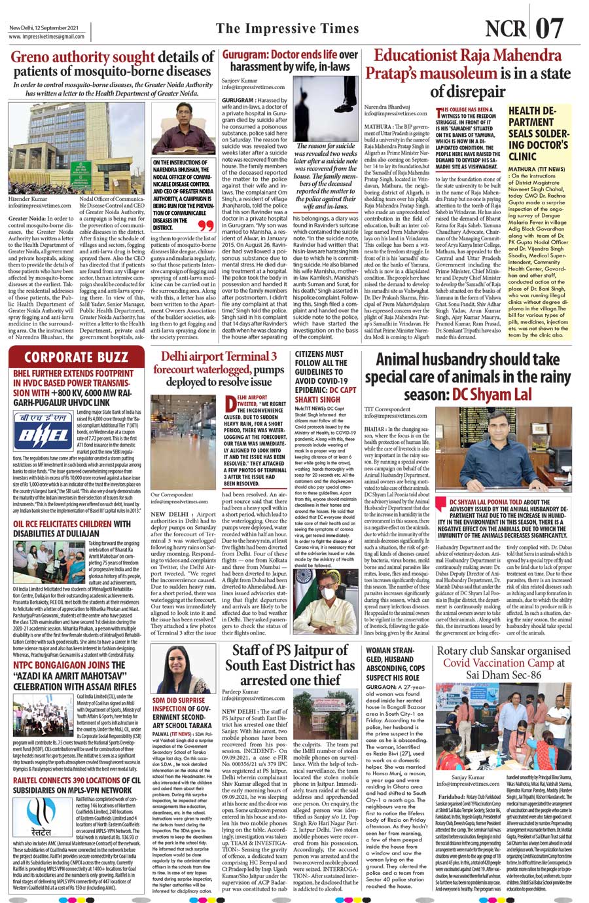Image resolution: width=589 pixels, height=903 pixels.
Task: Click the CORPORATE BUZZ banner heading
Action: pos(77,358)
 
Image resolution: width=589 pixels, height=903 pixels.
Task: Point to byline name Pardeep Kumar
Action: pos(240,691)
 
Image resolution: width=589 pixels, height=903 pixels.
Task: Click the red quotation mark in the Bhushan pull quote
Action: pos(205,226)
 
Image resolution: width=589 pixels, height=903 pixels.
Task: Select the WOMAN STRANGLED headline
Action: pos(395,663)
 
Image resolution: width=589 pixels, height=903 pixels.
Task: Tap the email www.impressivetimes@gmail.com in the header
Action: pos(47,37)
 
